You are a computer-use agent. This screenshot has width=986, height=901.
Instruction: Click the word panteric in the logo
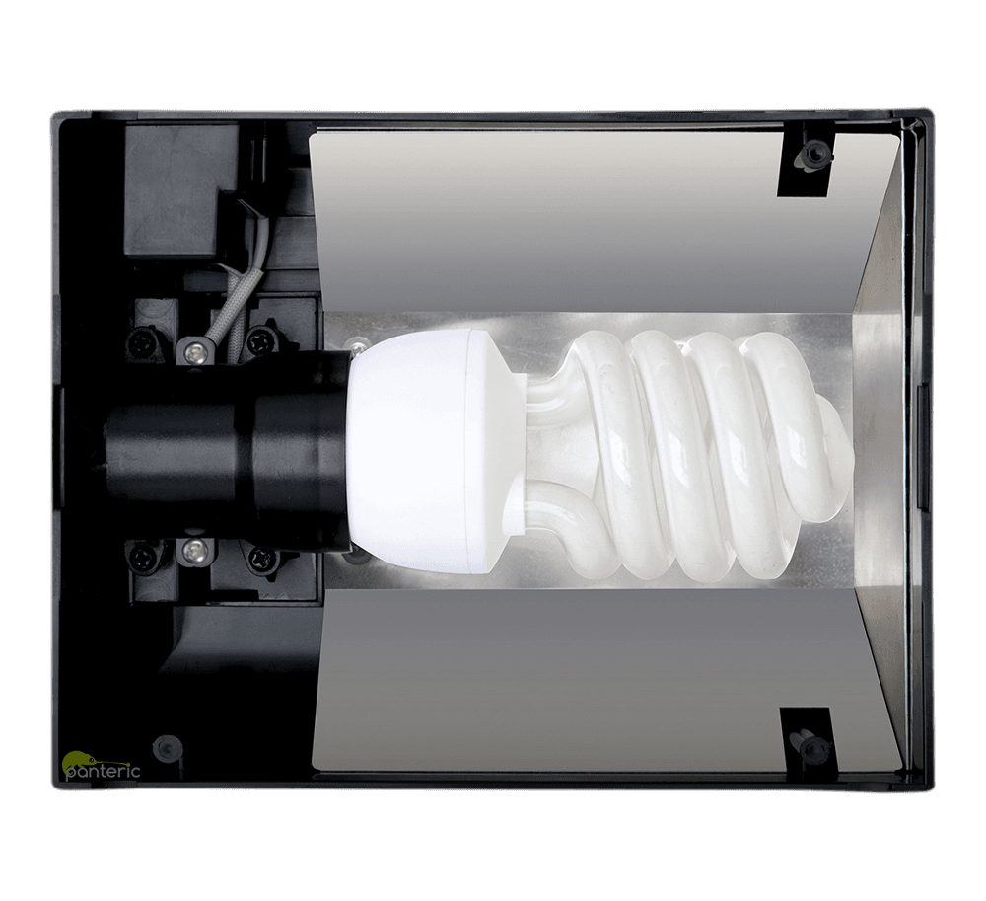coord(103,772)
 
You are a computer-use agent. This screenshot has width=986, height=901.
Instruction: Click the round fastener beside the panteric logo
coord(167,746)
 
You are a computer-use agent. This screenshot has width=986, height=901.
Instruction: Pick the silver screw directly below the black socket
coord(194,549)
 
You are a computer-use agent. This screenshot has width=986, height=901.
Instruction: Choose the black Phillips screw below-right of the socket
coord(259,557)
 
